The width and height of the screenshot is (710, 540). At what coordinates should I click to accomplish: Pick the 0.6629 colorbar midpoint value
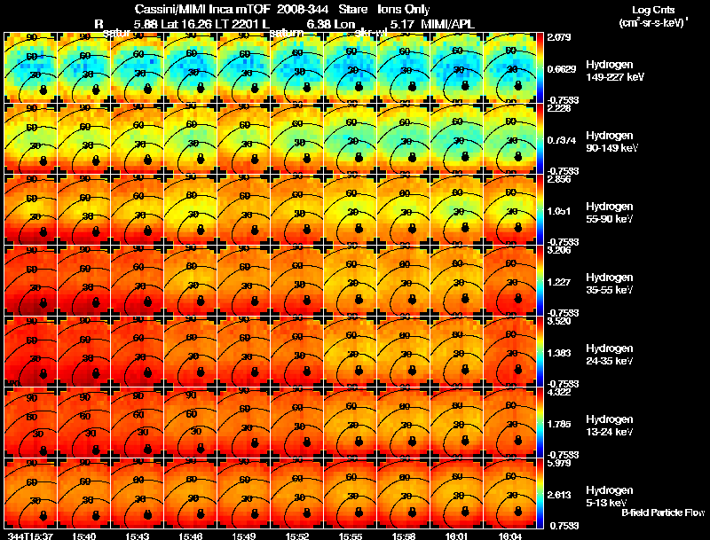click(x=561, y=69)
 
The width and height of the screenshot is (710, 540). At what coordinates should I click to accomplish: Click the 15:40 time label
click(x=85, y=536)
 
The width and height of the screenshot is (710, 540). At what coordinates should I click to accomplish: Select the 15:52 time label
click(x=298, y=536)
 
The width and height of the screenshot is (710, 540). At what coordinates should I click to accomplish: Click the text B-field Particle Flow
click(x=663, y=513)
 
